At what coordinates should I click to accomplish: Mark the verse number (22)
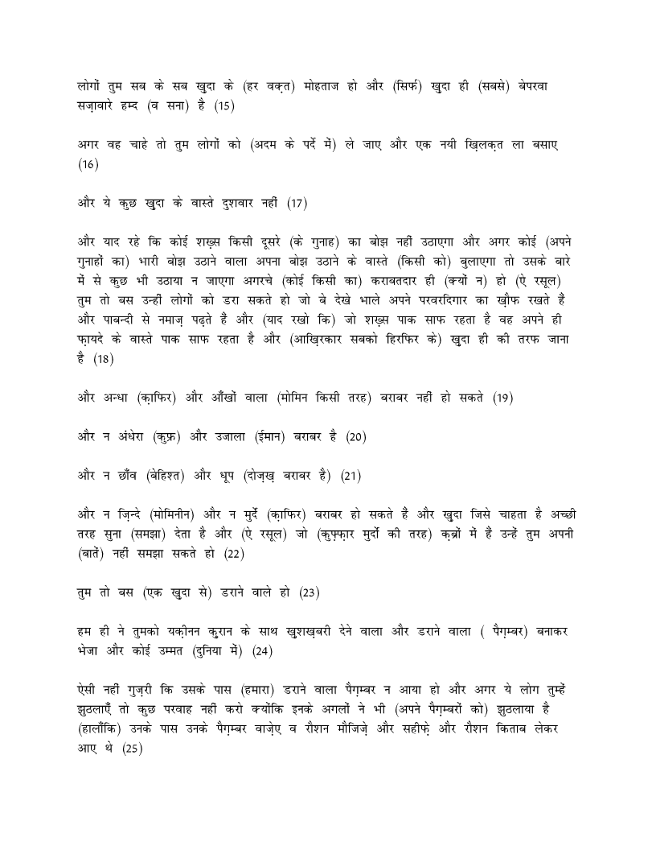(x=233, y=554)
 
